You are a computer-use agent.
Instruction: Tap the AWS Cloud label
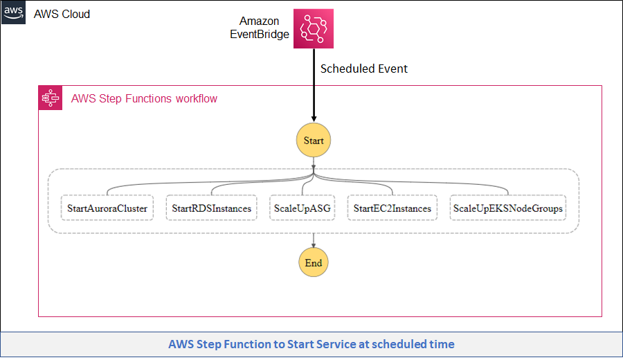pos(62,14)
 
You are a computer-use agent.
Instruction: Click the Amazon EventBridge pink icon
pos(313,28)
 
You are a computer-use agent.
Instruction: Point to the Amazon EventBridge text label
pos(260,28)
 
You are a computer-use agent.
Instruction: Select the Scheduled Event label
pos(363,69)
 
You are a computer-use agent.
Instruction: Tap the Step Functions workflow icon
pos(51,98)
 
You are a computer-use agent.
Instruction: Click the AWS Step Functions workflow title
pos(144,98)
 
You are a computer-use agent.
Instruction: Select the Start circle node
pos(314,141)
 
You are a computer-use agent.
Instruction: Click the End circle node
pos(314,263)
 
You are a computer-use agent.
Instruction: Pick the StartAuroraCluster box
pos(107,208)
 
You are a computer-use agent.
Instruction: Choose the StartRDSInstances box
pos(211,208)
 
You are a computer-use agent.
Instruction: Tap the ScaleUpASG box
pos(301,208)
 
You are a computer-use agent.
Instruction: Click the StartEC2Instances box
pos(392,208)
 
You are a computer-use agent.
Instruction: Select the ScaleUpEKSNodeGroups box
pos(507,208)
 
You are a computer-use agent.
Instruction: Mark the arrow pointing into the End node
pos(314,242)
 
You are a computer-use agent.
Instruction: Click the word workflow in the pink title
pos(196,98)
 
